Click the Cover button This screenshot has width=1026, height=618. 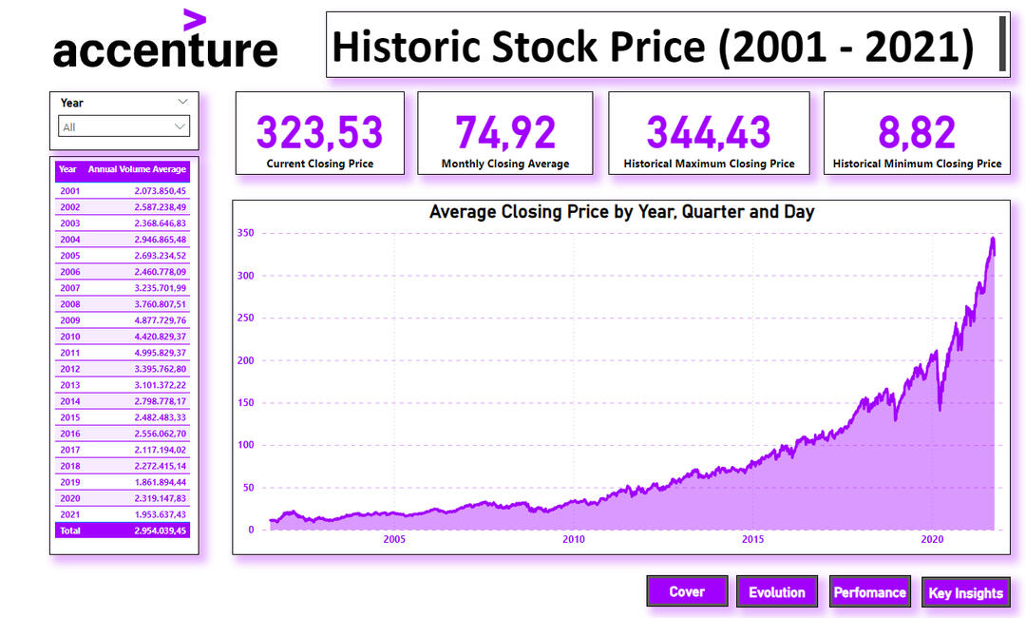[x=687, y=591]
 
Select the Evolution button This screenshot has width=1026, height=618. [x=776, y=591]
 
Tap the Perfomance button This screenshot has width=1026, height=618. [x=869, y=591]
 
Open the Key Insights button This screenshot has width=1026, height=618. [x=965, y=592]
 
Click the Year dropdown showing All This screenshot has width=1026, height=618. [x=124, y=126]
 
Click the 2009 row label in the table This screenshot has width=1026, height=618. [x=70, y=320]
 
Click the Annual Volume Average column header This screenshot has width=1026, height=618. [x=137, y=169]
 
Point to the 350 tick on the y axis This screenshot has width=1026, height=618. [x=247, y=233]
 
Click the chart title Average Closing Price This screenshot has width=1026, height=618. [x=621, y=212]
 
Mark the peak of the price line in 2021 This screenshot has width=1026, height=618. [x=993, y=239]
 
